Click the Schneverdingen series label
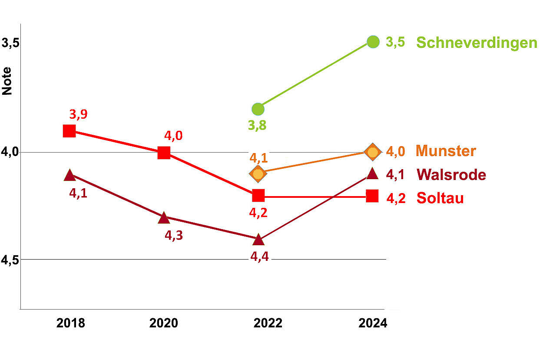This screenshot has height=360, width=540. click(x=477, y=43)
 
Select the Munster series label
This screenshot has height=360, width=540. click(x=446, y=151)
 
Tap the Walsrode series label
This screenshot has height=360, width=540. click(x=451, y=175)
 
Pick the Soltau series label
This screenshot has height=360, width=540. click(x=440, y=198)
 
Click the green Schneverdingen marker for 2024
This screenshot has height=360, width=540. click(x=373, y=42)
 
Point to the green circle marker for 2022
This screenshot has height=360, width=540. click(x=258, y=109)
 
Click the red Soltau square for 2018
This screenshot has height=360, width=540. click(x=70, y=131)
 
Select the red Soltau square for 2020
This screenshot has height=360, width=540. click(x=164, y=153)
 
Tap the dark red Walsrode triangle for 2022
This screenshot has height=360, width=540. click(x=258, y=240)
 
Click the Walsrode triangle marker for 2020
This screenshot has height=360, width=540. click(x=164, y=218)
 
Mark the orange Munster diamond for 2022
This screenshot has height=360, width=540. click(x=258, y=174)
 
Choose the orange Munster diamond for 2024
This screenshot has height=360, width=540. click(x=373, y=152)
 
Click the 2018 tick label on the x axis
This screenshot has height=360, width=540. click(x=70, y=323)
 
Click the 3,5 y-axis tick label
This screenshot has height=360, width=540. click(x=10, y=43)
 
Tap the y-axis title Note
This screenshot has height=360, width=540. click(x=7, y=81)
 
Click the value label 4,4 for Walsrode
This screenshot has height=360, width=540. click(x=259, y=257)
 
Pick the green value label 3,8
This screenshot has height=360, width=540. click(x=257, y=126)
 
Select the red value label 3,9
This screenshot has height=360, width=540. click(x=78, y=114)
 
